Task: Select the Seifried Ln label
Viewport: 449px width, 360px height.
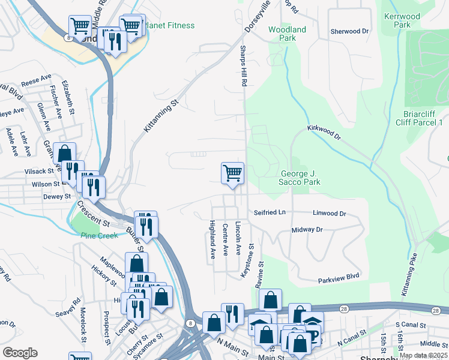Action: tap(270, 213)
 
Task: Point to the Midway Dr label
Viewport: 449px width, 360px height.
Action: tap(307, 230)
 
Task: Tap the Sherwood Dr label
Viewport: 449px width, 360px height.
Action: tap(349, 31)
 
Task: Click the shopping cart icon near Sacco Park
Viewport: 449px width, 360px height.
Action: tap(232, 174)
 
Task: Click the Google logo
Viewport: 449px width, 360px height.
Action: tap(20, 352)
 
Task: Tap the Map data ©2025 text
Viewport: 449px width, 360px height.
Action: tap(423, 355)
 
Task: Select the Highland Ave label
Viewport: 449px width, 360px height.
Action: tap(212, 241)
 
